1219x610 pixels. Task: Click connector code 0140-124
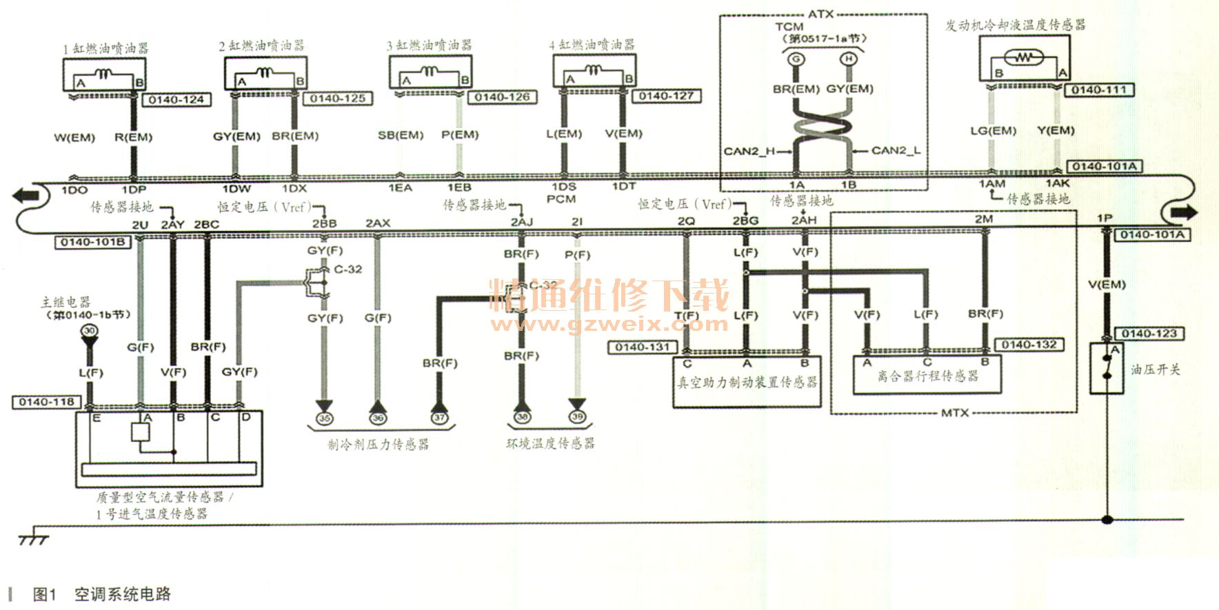(177, 100)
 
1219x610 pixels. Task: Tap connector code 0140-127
(666, 96)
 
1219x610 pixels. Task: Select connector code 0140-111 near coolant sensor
(1098, 90)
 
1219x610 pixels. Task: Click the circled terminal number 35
(323, 418)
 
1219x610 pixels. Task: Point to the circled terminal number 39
(577, 416)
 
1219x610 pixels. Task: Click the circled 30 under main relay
(89, 331)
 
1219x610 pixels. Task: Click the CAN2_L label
(895, 150)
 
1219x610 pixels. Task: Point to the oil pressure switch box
(1107, 368)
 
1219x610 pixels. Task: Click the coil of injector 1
(103, 73)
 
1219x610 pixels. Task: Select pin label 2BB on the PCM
(324, 223)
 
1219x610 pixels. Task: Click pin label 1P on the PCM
(1105, 218)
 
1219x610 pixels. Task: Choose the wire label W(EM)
(74, 138)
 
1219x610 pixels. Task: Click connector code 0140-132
(1029, 345)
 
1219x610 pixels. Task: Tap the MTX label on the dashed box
(954, 413)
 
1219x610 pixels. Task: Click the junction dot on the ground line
(1107, 520)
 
